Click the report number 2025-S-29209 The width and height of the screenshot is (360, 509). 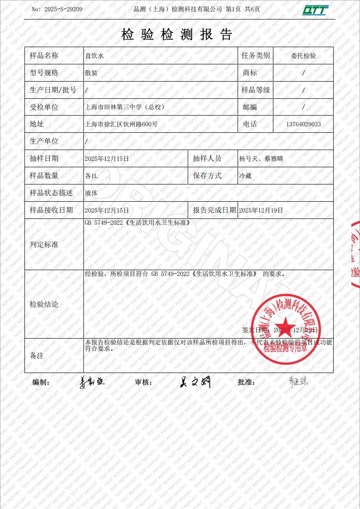tap(63, 9)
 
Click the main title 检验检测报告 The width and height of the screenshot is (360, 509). tap(177, 34)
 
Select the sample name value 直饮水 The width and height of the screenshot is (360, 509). tap(94, 56)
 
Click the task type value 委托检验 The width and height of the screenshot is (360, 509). tap(303, 56)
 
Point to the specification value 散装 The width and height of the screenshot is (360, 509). tap(91, 73)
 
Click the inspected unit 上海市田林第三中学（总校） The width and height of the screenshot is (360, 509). tap(125, 107)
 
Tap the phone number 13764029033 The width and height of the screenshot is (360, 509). tap(303, 124)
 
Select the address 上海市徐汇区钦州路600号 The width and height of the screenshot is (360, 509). tap(121, 124)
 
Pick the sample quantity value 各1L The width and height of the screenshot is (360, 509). tap(91, 176)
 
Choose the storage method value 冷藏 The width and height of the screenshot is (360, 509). tap(245, 176)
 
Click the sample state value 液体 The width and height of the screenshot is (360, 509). tap(91, 193)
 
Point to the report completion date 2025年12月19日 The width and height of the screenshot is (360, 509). tap(261, 210)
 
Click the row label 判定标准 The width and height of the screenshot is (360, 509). tap(44, 244)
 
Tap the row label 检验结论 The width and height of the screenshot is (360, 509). tap(44, 304)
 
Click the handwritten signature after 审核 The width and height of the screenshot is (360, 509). tap(195, 382)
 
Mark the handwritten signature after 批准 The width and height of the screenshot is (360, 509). tap(298, 381)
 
